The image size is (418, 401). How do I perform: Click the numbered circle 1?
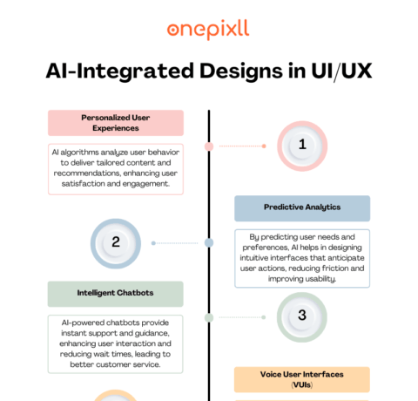point(301,146)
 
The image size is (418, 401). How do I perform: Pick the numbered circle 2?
point(116,242)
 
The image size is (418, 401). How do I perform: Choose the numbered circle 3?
point(301,315)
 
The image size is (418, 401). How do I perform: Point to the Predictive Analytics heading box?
point(301,207)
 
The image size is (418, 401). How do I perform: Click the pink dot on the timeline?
point(209,146)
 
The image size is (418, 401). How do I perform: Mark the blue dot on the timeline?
point(209,242)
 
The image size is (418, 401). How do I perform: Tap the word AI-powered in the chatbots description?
point(76,322)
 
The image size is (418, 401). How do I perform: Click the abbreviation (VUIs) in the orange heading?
point(301,384)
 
